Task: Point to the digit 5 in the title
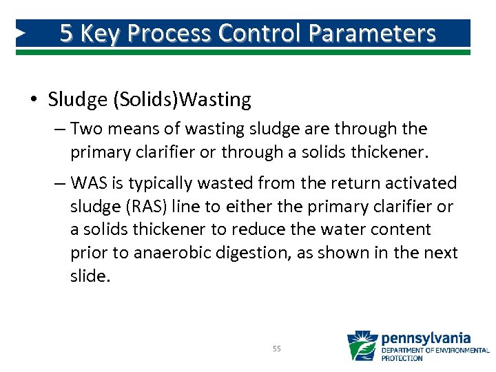pos(66,33)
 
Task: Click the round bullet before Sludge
pos(33,101)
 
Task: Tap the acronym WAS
pos(86,183)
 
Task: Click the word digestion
pos(256,253)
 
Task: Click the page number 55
pos(276,349)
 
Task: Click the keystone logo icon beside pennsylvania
pos(362,346)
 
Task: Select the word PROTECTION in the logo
pos(402,358)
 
